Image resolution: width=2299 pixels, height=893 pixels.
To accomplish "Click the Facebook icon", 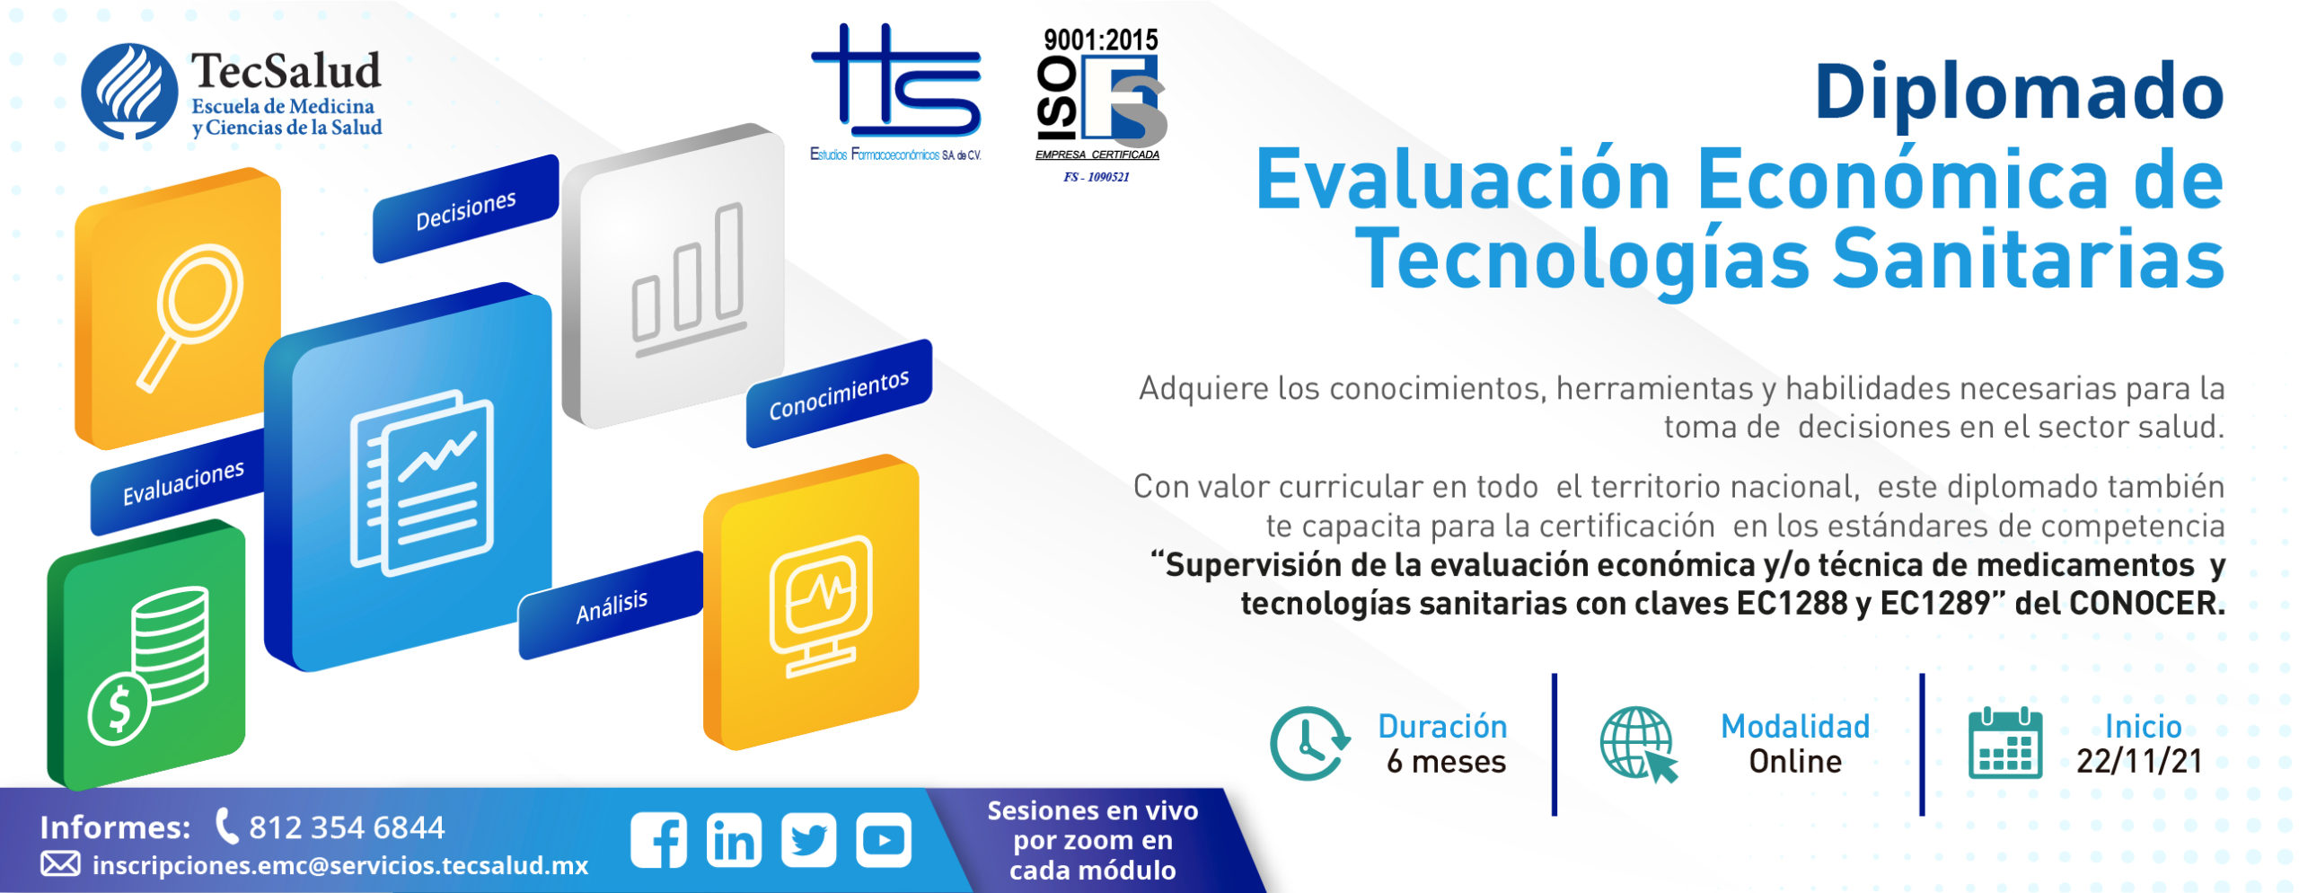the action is coord(659,840).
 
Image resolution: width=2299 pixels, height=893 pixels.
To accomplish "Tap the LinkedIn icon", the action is coord(734,840).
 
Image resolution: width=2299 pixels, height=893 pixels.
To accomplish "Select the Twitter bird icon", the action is coord(809,840).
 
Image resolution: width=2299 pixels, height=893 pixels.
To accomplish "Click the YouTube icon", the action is coord(884,840).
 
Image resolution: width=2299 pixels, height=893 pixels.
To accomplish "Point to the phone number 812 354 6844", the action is coord(347,827).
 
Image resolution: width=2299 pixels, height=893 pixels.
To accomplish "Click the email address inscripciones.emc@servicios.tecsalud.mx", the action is coord(340,865).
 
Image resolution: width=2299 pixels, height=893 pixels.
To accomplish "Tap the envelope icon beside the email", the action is coord(61,864).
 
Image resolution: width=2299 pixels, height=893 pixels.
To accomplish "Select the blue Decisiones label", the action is coord(465,209).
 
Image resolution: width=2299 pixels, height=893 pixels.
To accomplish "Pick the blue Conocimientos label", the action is coord(839,393).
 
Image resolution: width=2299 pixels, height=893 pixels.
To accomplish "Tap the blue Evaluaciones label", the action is coord(182,482).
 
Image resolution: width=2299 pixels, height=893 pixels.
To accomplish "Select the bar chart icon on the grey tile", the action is coord(689,281).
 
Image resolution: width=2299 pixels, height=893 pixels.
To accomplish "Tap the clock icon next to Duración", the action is coord(1310,743).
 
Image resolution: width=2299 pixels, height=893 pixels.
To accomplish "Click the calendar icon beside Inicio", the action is coord(2004,743).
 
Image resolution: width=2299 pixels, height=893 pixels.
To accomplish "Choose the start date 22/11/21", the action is coord(2140,762).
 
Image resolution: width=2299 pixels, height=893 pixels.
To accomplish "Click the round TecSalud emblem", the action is coord(129,92).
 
